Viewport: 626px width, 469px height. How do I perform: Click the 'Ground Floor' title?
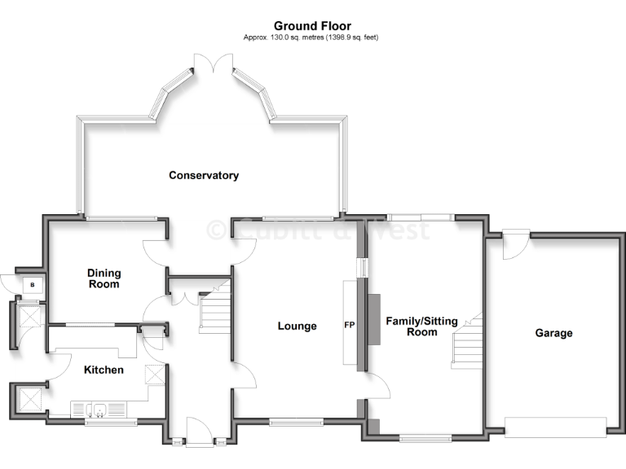click(312, 26)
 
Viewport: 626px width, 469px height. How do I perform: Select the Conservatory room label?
click(203, 175)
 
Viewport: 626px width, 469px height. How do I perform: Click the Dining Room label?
click(104, 278)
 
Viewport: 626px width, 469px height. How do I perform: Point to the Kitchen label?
click(104, 370)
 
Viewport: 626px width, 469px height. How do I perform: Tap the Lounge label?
click(297, 327)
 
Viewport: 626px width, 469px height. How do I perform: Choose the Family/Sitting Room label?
click(412, 327)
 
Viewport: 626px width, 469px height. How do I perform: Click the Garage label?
click(553, 333)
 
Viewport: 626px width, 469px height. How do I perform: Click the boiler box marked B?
click(32, 285)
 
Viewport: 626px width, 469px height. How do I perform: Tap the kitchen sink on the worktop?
click(97, 408)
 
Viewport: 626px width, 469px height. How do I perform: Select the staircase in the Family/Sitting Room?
click(468, 342)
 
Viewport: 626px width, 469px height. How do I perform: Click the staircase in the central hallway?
click(215, 309)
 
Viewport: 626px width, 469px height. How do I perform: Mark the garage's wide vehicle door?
click(555, 427)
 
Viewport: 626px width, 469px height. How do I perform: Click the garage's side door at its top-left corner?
click(515, 243)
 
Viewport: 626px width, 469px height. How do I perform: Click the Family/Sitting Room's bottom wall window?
click(425, 439)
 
